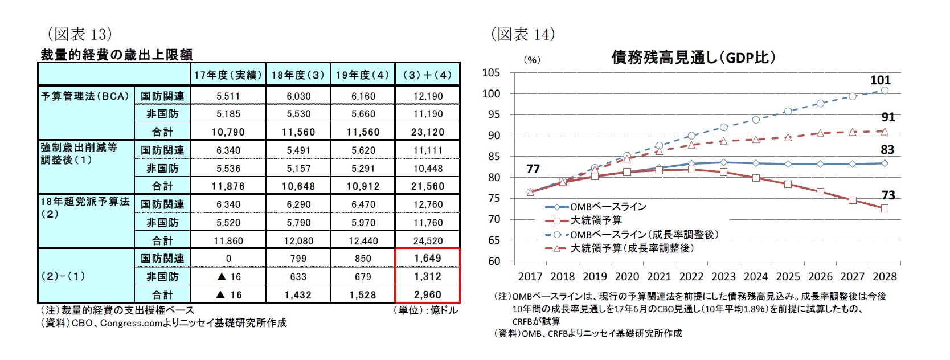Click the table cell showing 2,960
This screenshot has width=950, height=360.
(x=427, y=294)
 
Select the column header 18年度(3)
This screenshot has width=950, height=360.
(x=298, y=75)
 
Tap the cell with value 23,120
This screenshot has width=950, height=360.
(x=427, y=132)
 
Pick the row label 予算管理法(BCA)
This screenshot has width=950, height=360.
(x=85, y=96)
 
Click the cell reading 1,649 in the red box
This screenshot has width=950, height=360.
(x=427, y=258)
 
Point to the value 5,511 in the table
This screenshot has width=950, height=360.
(x=228, y=96)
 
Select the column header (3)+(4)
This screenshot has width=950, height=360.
(x=427, y=75)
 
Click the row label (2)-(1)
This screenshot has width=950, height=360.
(x=63, y=276)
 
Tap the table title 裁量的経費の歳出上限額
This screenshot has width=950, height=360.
(x=117, y=55)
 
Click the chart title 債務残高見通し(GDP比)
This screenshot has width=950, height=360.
(x=693, y=58)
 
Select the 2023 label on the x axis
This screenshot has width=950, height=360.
(x=723, y=277)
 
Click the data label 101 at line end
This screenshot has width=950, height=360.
(x=880, y=80)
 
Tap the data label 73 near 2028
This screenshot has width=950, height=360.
(x=888, y=195)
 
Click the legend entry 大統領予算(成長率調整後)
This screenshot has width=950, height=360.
(x=632, y=248)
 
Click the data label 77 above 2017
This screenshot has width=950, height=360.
(x=533, y=169)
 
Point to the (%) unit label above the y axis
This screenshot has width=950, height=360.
(x=531, y=60)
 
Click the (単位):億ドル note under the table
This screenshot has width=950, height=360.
(x=425, y=310)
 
